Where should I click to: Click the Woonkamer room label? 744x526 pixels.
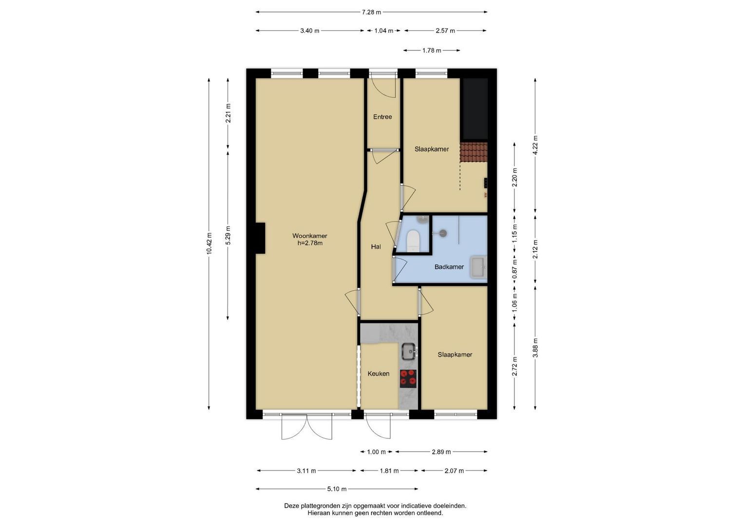pyautogui.click(x=309, y=236)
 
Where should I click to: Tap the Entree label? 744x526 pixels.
pyautogui.click(x=382, y=117)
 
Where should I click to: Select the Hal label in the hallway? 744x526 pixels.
pyautogui.click(x=376, y=247)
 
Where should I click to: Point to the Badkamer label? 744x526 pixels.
pyautogui.click(x=449, y=267)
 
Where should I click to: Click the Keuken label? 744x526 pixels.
pyautogui.click(x=378, y=374)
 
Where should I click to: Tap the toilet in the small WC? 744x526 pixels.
pyautogui.click(x=414, y=241)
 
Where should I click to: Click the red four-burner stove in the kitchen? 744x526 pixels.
pyautogui.click(x=408, y=378)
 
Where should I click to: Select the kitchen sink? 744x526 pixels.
pyautogui.click(x=409, y=351)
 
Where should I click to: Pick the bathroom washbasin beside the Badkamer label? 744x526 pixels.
pyautogui.click(x=478, y=267)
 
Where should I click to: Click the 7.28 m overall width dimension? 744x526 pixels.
pyautogui.click(x=371, y=12)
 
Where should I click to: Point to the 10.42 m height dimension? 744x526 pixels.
pyautogui.click(x=209, y=244)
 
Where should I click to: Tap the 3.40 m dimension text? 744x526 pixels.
pyautogui.click(x=309, y=31)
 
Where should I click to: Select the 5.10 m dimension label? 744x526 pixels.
pyautogui.click(x=337, y=489)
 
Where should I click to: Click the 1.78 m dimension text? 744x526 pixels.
pyautogui.click(x=432, y=51)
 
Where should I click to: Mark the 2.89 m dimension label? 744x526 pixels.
pyautogui.click(x=441, y=452)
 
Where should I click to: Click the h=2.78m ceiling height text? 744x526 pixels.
pyautogui.click(x=309, y=243)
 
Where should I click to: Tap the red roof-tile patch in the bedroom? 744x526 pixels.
pyautogui.click(x=474, y=152)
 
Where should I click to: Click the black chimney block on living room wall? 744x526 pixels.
pyautogui.click(x=260, y=238)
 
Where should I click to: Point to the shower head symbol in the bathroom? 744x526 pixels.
pyautogui.click(x=442, y=233)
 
